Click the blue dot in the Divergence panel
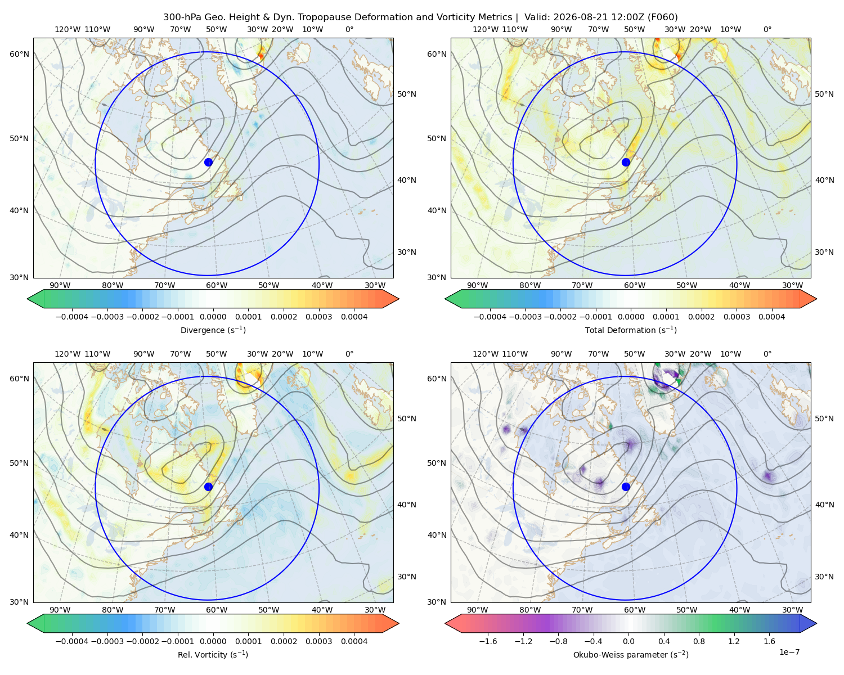[x=208, y=162]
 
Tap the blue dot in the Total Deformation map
[x=626, y=162]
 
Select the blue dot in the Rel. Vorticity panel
[x=208, y=487]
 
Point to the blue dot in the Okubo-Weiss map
[x=626, y=487]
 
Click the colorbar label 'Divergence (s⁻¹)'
[x=213, y=330]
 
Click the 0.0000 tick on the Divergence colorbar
[x=213, y=317]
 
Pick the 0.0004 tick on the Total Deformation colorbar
[x=772, y=317]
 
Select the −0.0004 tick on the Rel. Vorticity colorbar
[x=72, y=641]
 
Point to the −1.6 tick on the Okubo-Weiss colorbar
[x=488, y=641]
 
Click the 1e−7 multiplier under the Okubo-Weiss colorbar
[x=789, y=652]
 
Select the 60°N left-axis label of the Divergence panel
[x=19, y=54]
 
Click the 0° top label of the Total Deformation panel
[x=767, y=29]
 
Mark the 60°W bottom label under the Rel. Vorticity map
[x=217, y=610]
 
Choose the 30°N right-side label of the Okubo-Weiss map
[x=824, y=577]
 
